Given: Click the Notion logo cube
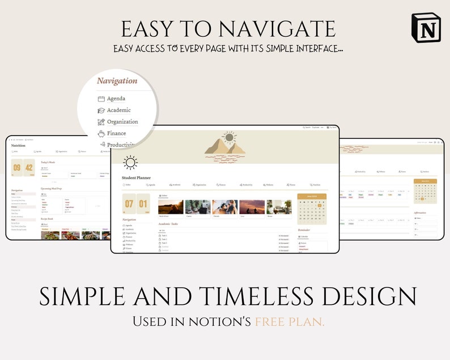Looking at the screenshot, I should (x=426, y=27).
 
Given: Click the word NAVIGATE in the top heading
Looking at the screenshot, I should (x=278, y=28).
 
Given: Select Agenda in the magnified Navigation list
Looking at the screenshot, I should (x=116, y=99).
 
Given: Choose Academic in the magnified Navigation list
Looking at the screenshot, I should (x=118, y=110).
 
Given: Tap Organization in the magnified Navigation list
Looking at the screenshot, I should (x=122, y=121).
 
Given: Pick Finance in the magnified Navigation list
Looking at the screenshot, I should (x=116, y=133).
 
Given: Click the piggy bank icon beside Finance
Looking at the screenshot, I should (x=101, y=133).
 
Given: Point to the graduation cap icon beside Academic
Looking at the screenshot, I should (x=101, y=111).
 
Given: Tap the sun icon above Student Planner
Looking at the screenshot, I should (x=130, y=163).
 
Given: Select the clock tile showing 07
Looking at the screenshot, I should (x=129, y=204).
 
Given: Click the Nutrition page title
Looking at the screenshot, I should (x=18, y=146).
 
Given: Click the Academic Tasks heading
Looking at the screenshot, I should (x=172, y=224).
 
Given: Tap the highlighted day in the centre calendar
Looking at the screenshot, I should (x=320, y=205).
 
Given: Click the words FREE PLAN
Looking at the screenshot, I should (x=290, y=321).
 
